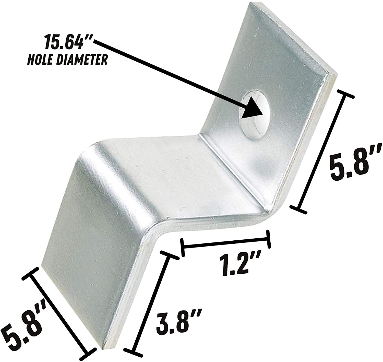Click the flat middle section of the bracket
[179, 179]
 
